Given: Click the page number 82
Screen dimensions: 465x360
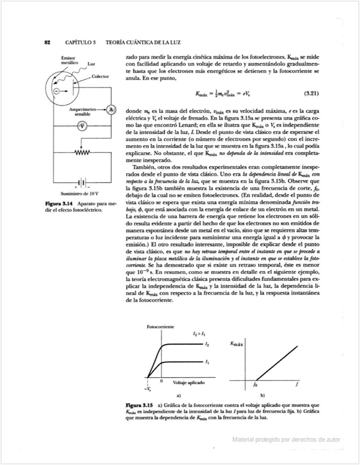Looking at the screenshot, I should coord(48,42).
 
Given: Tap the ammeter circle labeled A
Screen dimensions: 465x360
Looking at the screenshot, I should coord(111,110).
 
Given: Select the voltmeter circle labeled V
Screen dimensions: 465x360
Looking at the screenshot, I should coord(82,126).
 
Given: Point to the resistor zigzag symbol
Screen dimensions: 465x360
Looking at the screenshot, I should coord(82,152).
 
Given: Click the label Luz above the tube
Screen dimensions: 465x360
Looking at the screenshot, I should coord(92,64).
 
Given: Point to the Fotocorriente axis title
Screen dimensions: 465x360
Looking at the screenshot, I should coord(161,327).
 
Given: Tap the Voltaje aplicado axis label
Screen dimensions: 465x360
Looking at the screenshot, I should coord(189,382).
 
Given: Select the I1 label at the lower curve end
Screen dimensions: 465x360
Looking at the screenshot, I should coord(206,362).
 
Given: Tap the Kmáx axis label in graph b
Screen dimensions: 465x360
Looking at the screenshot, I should coord(236,345).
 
